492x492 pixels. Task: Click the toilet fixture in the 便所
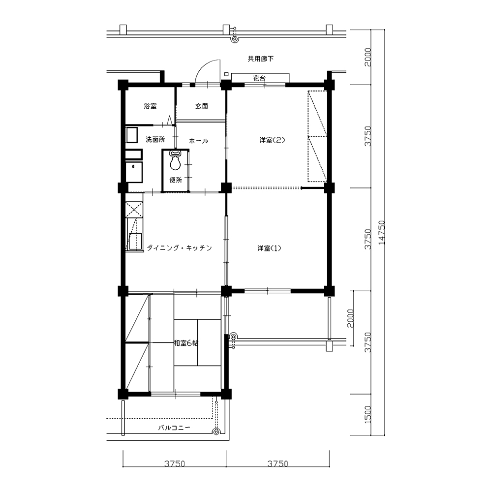coord(175,160)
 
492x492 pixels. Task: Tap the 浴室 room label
coord(150,106)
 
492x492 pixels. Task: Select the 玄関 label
coord(201,106)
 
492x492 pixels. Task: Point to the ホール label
coord(199,141)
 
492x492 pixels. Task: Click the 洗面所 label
coord(155,139)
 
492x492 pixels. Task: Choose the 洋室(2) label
coord(272,140)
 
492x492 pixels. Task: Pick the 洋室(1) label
coord(269,248)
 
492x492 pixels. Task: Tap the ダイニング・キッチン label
coord(180,248)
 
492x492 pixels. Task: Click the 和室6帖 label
coord(186,343)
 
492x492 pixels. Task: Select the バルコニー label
coord(174,428)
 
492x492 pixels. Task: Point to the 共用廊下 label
coord(261,59)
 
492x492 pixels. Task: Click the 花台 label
coord(259,78)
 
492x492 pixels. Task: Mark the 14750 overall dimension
coord(382,233)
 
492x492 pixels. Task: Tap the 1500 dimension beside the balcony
coord(368,414)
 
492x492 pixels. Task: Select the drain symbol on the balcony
coord(216,432)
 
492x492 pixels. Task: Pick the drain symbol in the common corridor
coord(234,39)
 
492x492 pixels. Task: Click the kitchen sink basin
coord(134,241)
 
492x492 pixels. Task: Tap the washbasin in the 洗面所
coord(131,135)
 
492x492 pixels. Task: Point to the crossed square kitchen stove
coord(134,210)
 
